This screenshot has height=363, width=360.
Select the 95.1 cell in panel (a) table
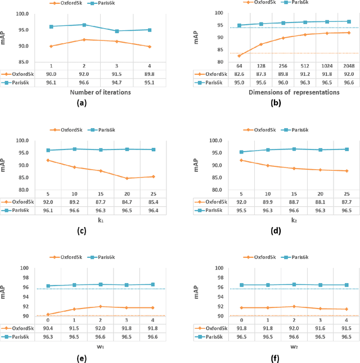[149, 82]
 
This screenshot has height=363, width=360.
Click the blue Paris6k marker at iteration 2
[84, 25]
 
